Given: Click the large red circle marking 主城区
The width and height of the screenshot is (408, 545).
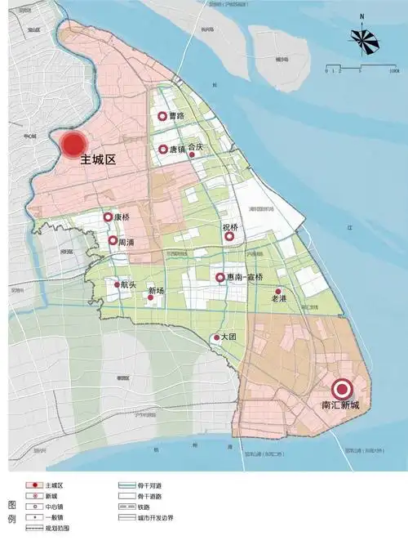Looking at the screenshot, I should (x=73, y=145).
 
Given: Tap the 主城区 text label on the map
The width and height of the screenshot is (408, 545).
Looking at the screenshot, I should (x=98, y=162).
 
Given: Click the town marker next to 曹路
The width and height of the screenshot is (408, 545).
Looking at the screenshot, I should (x=162, y=117).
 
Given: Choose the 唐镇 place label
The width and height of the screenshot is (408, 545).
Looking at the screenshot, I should (x=178, y=150).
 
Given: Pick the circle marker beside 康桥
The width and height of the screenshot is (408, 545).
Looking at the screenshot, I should (x=108, y=217).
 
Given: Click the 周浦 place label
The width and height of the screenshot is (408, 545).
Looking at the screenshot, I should (x=127, y=242).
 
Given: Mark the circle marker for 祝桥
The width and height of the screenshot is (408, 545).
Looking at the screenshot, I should (x=230, y=237).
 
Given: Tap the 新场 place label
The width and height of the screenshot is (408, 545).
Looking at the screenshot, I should (x=155, y=291).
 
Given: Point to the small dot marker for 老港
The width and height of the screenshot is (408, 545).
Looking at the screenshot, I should (x=278, y=291).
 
